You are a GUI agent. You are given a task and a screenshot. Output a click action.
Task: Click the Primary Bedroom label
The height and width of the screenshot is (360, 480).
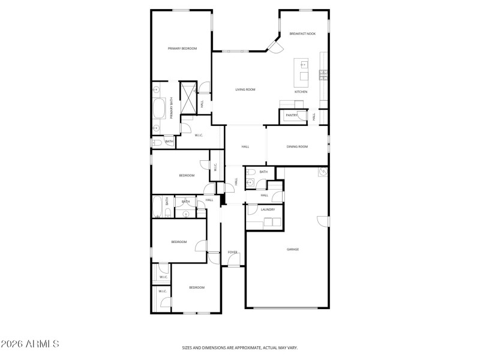182,49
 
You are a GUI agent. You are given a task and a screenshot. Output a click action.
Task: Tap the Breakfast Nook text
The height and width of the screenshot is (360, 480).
302,34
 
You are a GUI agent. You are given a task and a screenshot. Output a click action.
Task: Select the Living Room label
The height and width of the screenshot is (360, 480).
245,89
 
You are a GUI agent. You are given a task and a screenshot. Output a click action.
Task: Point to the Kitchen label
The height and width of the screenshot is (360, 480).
301,92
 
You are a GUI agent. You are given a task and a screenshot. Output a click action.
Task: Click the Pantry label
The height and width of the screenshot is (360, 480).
292,115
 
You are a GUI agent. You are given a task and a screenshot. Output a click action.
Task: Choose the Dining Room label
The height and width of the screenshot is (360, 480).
297,146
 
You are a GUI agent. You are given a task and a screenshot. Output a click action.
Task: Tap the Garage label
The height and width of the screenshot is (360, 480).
292,249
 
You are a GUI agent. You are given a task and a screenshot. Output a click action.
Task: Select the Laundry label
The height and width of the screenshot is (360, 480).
268,209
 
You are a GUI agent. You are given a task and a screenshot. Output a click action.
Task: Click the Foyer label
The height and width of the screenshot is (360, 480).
232,253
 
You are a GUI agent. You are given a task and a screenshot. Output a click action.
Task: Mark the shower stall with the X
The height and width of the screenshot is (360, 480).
190,98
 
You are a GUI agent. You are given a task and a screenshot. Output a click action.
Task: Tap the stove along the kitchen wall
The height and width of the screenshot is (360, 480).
323,75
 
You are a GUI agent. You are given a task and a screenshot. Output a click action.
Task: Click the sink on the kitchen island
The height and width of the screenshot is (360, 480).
303,64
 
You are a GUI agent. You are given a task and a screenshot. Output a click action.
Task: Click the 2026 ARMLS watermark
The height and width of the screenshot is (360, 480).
30,344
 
